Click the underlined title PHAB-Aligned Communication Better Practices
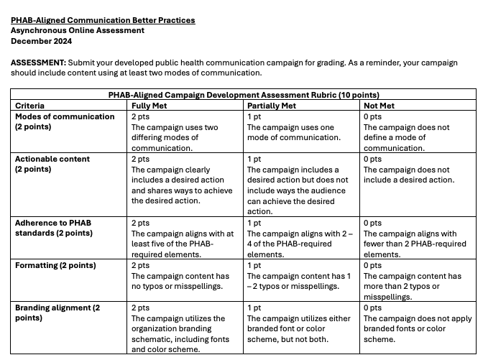(103, 20)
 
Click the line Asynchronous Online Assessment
(78, 30)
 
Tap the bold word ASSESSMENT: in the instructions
(37, 63)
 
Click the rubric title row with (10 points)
(244, 94)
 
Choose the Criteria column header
(29, 106)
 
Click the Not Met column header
(381, 106)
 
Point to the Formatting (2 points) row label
(55, 266)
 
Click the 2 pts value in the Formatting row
(140, 266)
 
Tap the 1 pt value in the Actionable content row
(254, 159)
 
